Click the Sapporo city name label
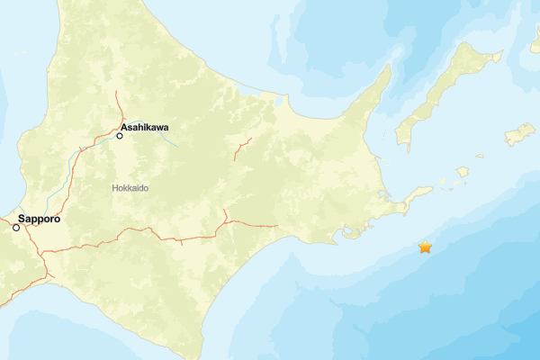coord(39,219)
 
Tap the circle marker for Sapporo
coord(16,228)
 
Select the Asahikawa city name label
coord(144,128)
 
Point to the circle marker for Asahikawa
coord(120,136)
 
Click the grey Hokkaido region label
coord(130,187)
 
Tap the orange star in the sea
coord(425,247)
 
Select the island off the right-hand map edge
coord(520,135)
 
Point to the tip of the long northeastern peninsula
coord(388,70)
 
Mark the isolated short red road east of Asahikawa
coord(241,148)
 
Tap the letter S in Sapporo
coord(22,219)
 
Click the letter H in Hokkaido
coord(115,187)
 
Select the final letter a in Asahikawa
coord(166,128)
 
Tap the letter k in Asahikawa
coord(148,128)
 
